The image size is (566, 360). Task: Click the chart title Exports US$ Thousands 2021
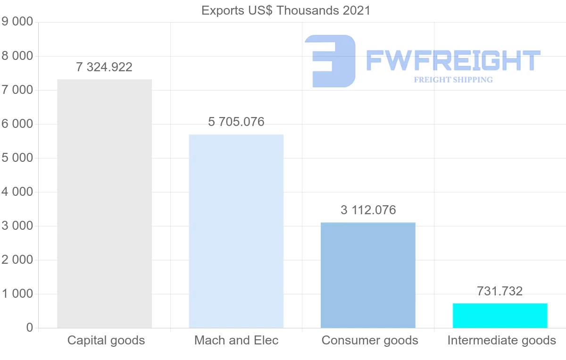click(x=286, y=10)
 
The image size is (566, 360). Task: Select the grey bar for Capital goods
click(x=104, y=203)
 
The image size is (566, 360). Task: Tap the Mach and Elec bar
click(x=236, y=231)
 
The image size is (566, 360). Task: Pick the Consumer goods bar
click(x=368, y=275)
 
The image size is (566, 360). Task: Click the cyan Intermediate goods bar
click(x=500, y=315)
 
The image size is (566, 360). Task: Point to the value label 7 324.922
click(x=104, y=67)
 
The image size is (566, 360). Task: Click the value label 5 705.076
click(x=236, y=122)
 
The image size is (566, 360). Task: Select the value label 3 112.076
click(x=368, y=210)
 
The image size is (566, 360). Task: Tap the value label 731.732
click(x=500, y=291)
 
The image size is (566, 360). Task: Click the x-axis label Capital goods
click(x=106, y=340)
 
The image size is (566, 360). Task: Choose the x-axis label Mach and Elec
click(x=236, y=340)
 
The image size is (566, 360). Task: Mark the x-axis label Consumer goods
click(x=370, y=340)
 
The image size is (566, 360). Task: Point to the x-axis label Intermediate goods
click(x=501, y=340)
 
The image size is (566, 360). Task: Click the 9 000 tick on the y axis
click(x=17, y=22)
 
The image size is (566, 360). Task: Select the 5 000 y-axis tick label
click(x=17, y=158)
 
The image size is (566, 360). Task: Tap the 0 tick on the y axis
click(x=29, y=328)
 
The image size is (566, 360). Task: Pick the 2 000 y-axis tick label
click(x=17, y=260)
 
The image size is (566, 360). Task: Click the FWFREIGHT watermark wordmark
click(x=453, y=60)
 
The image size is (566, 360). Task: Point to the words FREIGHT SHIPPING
click(x=453, y=80)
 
